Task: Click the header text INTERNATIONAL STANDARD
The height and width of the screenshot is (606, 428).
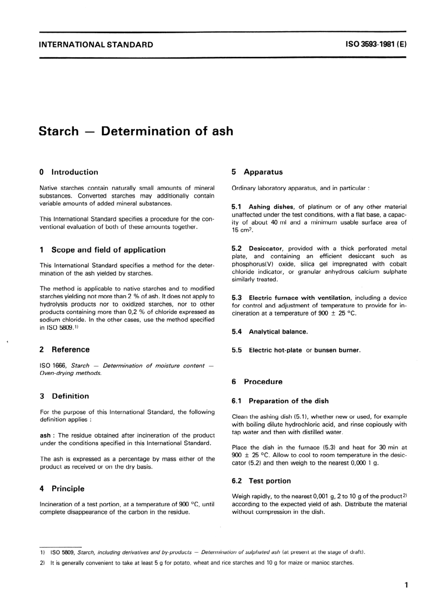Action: click(x=96, y=45)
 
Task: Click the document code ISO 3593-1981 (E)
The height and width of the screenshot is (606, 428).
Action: click(x=376, y=45)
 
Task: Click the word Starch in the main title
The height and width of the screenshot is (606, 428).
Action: click(x=59, y=131)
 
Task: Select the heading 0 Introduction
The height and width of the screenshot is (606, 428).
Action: click(x=69, y=172)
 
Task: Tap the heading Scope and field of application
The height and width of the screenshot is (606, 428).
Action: click(x=108, y=250)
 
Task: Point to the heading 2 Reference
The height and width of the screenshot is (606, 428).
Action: click(x=65, y=350)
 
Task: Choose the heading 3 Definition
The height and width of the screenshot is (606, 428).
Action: click(x=64, y=396)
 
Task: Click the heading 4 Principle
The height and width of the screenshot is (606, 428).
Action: click(x=62, y=489)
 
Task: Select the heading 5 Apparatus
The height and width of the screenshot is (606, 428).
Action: click(x=257, y=172)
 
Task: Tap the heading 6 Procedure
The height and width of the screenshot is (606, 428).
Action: click(x=257, y=382)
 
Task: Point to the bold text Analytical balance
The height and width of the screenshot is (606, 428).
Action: click(x=278, y=332)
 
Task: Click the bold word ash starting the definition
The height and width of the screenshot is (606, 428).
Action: click(x=45, y=435)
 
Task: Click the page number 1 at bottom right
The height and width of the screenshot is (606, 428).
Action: click(x=406, y=586)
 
